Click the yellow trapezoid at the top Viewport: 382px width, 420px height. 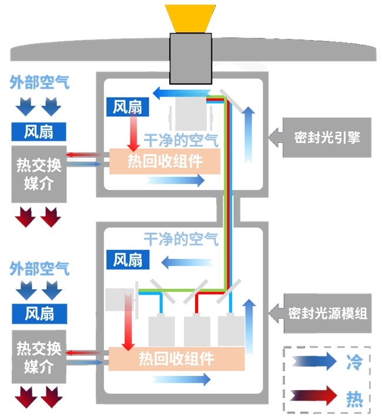pyautogui.click(x=190, y=18)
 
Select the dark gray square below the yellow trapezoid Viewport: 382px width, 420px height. pyautogui.click(x=190, y=58)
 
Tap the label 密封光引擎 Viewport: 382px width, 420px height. pyautogui.click(x=327, y=138)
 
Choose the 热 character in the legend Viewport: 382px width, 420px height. pyautogui.click(x=353, y=398)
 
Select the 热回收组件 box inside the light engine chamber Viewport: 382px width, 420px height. pyautogui.click(x=165, y=161)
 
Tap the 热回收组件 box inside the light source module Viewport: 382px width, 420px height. pyautogui.click(x=176, y=358)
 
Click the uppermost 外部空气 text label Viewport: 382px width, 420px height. pyautogui.click(x=39, y=82)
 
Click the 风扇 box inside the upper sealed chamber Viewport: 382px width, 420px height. pyautogui.click(x=128, y=107)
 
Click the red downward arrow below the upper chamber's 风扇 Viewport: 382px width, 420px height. pyautogui.click(x=135, y=134)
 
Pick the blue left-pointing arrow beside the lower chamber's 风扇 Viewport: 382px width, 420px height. pyautogui.click(x=180, y=261)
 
